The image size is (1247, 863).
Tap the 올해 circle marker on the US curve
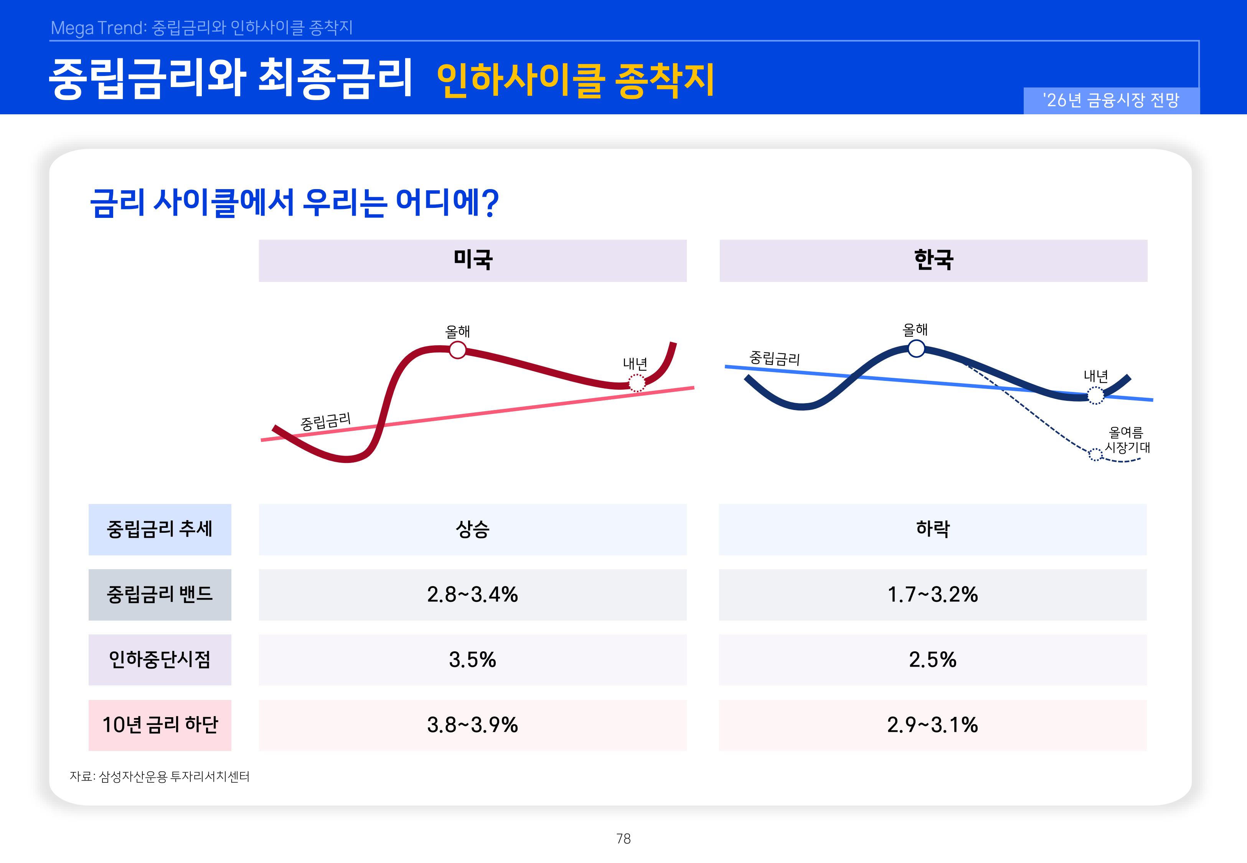(x=457, y=350)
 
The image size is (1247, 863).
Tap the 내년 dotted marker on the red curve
(x=637, y=383)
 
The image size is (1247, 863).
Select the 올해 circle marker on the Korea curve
(x=916, y=348)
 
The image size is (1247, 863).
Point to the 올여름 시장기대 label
(x=1127, y=440)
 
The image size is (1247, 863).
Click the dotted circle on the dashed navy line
(x=1095, y=455)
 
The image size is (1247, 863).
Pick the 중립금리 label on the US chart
(x=325, y=421)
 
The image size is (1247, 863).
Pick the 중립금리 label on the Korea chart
(x=774, y=358)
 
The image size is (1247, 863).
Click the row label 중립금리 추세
(x=160, y=529)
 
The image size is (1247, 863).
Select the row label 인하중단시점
(x=160, y=660)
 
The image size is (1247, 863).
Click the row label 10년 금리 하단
(x=160, y=725)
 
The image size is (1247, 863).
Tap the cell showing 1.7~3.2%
(x=932, y=595)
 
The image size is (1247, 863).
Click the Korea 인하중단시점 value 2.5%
(x=932, y=660)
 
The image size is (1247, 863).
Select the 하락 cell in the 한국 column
(x=932, y=529)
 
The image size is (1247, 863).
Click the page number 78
(x=623, y=839)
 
